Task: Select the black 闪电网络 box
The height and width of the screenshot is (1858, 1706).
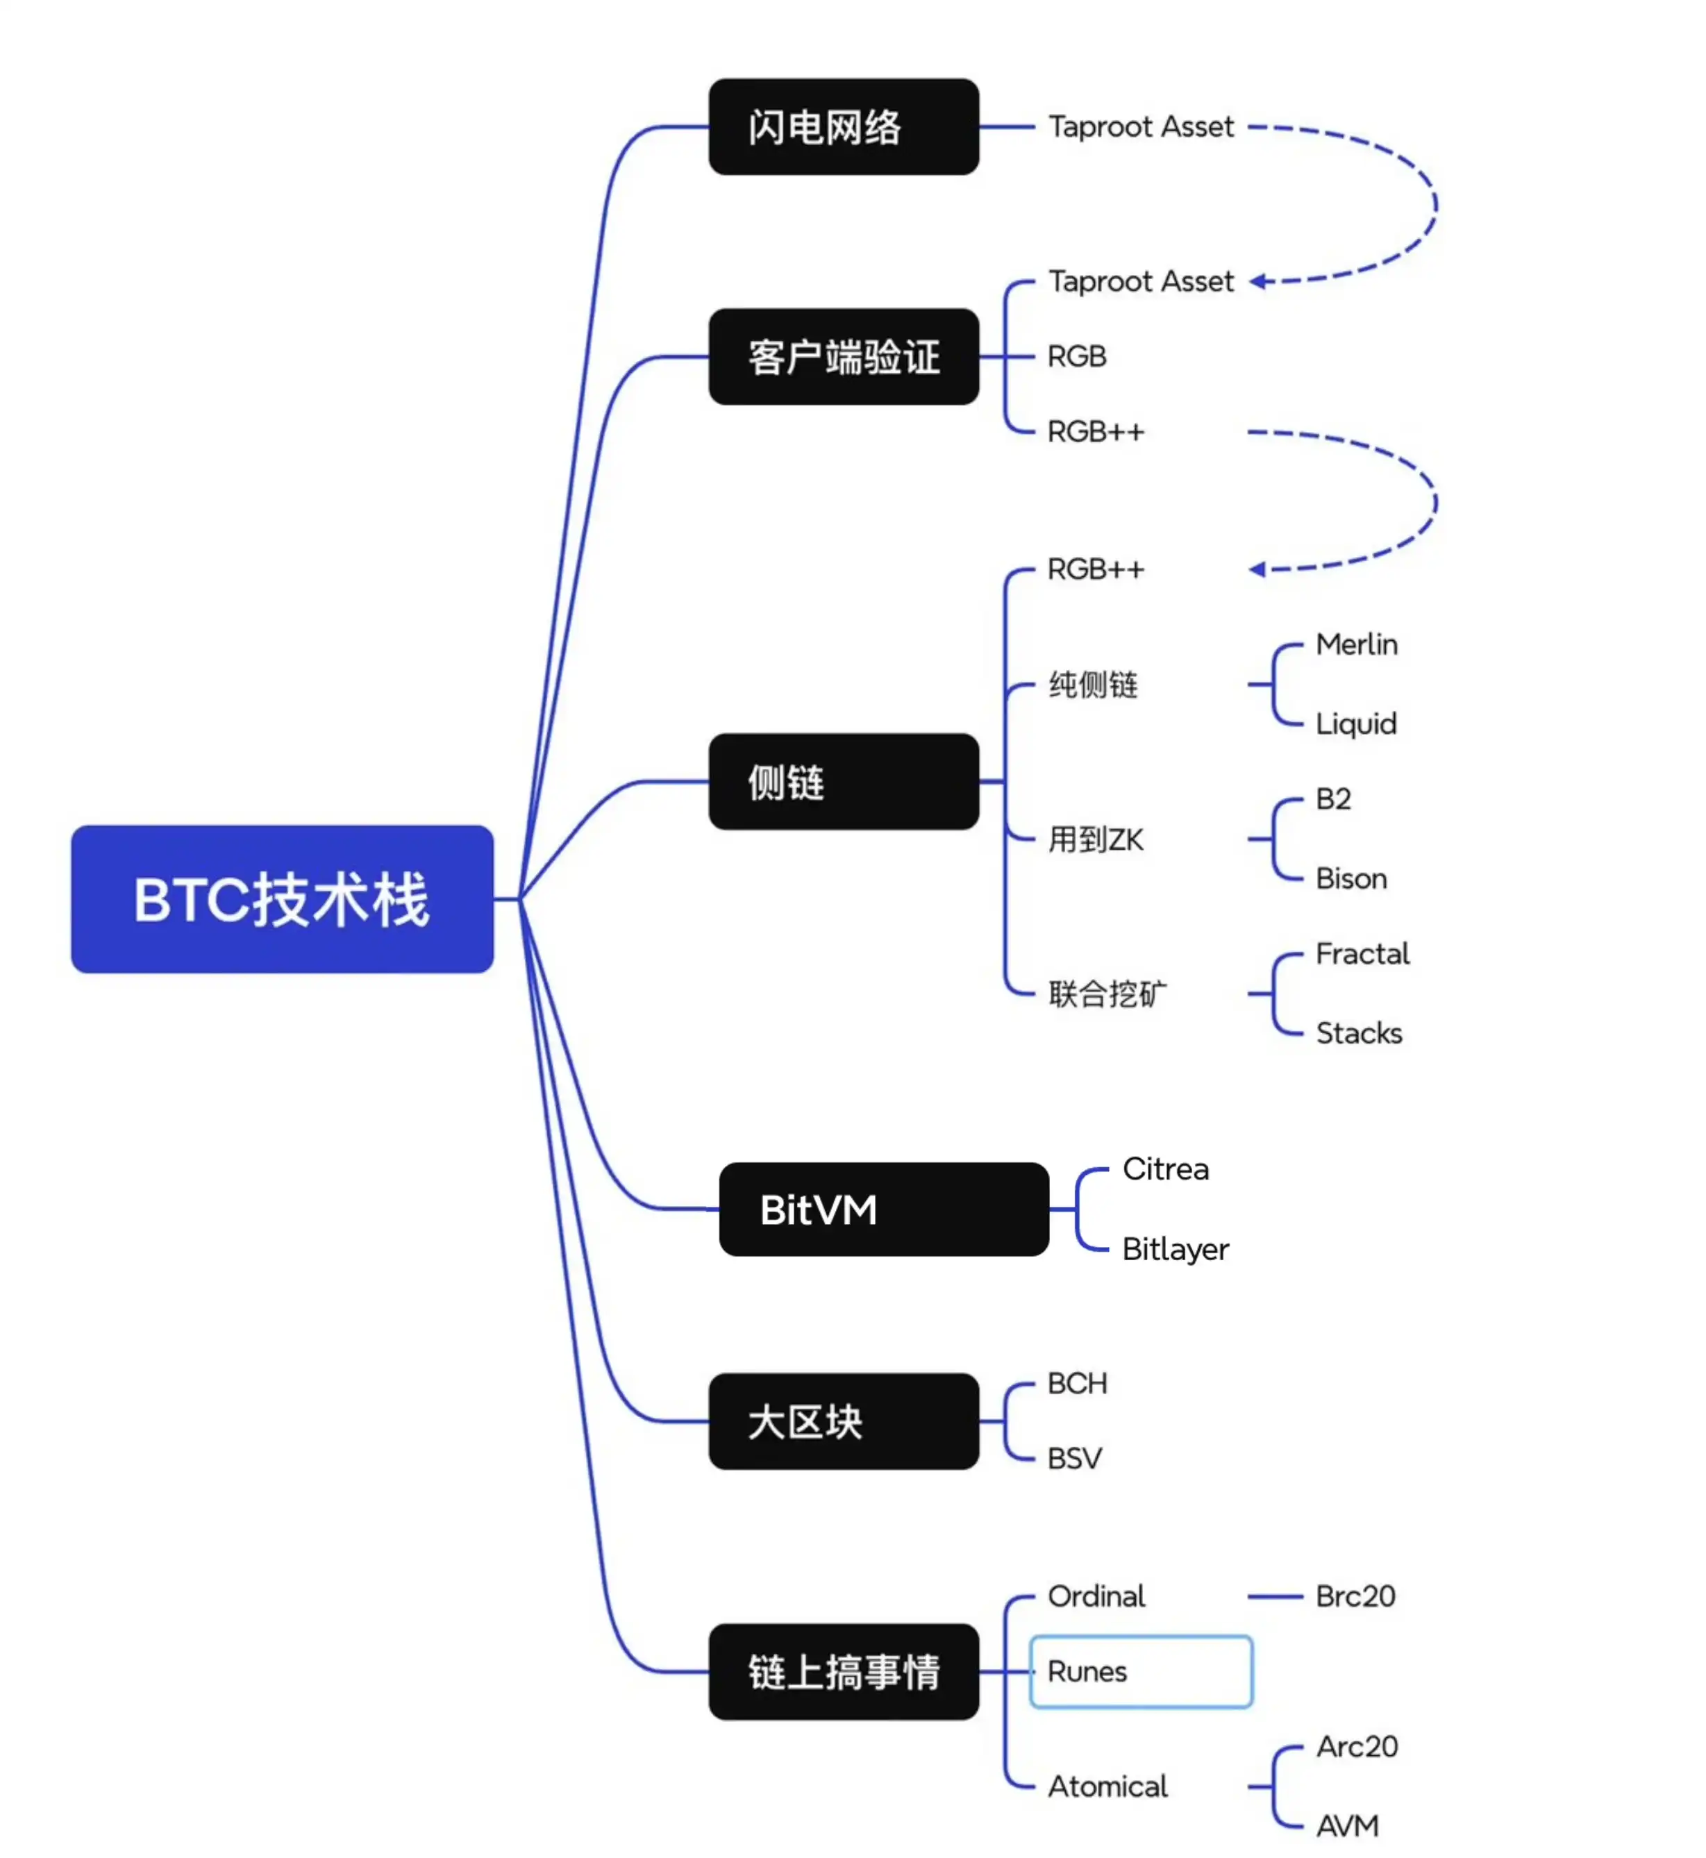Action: (x=843, y=126)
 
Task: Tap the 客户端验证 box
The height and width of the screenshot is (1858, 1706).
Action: (x=843, y=356)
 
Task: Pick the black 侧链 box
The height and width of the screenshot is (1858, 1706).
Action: (x=843, y=781)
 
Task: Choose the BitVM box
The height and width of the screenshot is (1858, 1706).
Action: (x=883, y=1208)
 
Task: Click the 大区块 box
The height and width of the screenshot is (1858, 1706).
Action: (x=843, y=1421)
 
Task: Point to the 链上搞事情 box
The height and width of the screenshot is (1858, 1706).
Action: (x=843, y=1671)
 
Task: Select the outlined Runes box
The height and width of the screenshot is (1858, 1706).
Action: (x=1140, y=1671)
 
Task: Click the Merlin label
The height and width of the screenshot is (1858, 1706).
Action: (x=1355, y=644)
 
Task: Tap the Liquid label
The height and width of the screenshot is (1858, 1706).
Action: (x=1355, y=723)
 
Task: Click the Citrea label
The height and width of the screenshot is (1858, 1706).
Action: (x=1165, y=1169)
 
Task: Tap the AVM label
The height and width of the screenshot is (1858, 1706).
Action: (x=1347, y=1825)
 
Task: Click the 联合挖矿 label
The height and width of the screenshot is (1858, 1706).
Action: (x=1107, y=994)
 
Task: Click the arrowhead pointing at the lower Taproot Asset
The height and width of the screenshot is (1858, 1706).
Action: (x=1257, y=281)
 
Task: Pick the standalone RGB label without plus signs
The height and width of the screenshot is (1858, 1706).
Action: (x=1076, y=356)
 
